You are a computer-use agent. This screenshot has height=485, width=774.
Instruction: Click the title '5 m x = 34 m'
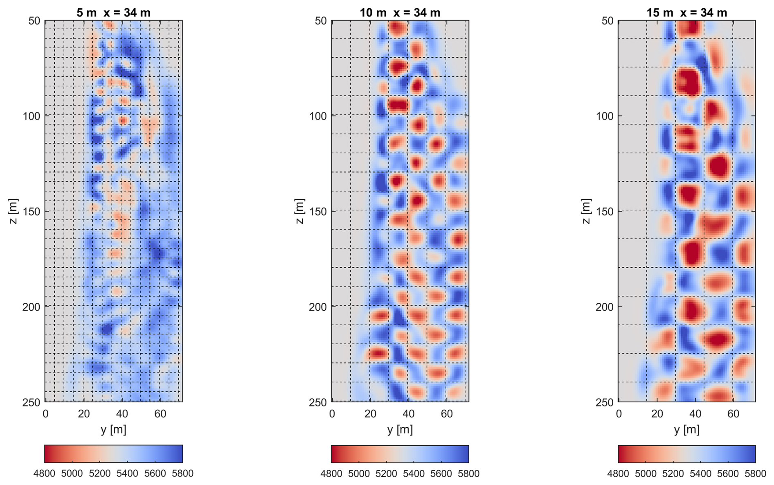point(113,13)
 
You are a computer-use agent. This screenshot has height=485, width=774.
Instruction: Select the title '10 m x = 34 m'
point(400,13)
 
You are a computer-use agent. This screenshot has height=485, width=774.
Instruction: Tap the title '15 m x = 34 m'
point(686,13)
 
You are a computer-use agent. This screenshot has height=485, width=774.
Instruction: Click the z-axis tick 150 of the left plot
point(32,212)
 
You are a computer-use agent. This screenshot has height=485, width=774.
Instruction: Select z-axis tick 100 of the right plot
point(605,116)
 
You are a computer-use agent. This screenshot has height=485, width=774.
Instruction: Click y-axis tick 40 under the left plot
point(122,414)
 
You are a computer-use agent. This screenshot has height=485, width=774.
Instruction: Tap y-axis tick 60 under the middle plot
point(447,414)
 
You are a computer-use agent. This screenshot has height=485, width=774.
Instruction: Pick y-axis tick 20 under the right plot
point(657,414)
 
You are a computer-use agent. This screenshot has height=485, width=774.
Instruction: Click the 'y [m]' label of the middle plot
point(400,430)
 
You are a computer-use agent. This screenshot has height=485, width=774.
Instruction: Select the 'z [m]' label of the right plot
point(586,211)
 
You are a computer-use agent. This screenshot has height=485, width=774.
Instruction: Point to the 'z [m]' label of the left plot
point(13,211)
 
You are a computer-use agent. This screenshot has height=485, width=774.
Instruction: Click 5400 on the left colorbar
point(127,474)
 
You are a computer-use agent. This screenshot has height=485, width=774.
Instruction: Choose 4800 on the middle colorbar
point(331,474)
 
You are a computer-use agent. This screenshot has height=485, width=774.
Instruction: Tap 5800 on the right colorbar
point(755,474)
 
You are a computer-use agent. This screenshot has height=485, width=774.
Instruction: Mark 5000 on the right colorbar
point(646,474)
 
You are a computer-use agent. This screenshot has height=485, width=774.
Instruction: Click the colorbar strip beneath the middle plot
point(400,454)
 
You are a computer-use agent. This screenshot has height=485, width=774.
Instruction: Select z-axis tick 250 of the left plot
point(32,403)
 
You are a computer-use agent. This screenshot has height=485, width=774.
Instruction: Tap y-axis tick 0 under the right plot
point(619,414)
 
